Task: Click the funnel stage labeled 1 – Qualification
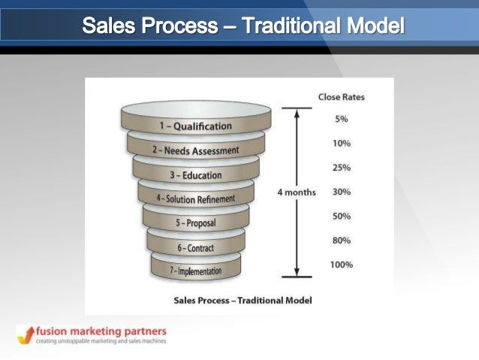(x=195, y=126)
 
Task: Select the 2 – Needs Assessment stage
(x=196, y=150)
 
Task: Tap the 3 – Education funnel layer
(x=195, y=175)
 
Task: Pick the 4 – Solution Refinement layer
(x=196, y=199)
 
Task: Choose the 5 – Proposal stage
(x=196, y=223)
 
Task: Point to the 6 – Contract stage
(x=196, y=247)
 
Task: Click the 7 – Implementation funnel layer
(x=196, y=271)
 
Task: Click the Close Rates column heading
(x=341, y=97)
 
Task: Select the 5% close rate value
(x=341, y=119)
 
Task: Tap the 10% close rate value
(x=341, y=143)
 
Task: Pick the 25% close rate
(x=341, y=167)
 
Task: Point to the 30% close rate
(x=341, y=192)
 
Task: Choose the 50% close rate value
(x=341, y=216)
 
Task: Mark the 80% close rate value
(x=341, y=241)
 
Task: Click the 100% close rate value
(x=341, y=265)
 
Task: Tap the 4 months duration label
(x=297, y=192)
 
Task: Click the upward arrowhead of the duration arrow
(x=297, y=113)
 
